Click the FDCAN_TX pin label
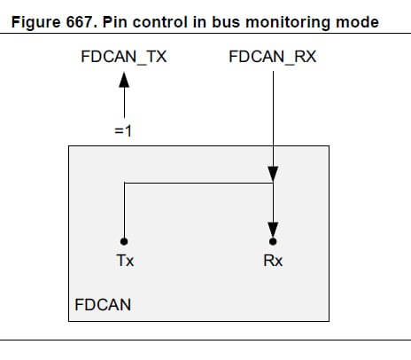tap(123, 58)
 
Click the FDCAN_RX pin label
tap(272, 58)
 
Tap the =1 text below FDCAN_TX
tap(123, 131)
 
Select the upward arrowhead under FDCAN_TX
tap(124, 82)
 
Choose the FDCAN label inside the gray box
tap(103, 304)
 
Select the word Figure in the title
tap(41, 21)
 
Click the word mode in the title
tap(348, 21)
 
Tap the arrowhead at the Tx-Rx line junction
tap(273, 175)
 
